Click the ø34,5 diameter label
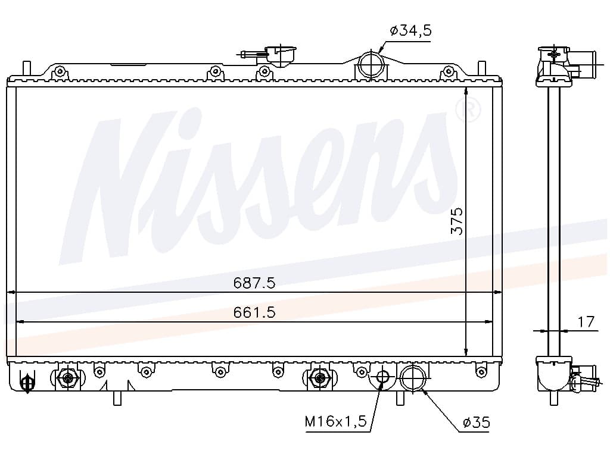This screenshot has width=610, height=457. [410, 30]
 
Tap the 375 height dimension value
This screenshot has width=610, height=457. [457, 221]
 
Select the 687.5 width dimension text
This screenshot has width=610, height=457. [254, 283]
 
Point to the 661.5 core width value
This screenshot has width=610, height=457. [254, 312]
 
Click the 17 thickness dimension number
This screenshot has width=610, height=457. [586, 322]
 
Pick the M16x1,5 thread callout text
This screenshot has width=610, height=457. [335, 421]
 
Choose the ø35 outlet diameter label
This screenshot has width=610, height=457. [476, 422]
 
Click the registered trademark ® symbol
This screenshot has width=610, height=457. [468, 110]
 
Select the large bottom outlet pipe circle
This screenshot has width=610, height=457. [413, 378]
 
